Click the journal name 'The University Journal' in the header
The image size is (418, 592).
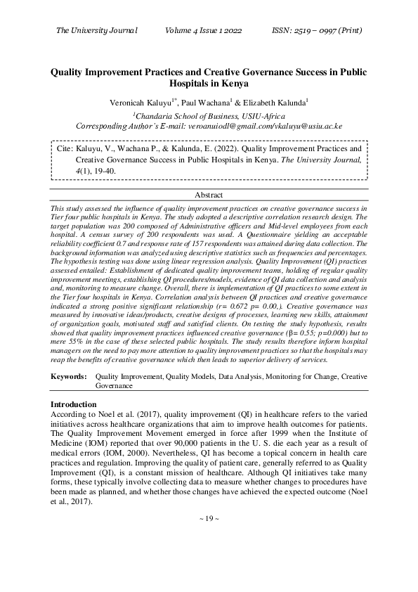96,30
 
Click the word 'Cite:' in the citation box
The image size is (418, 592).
64,149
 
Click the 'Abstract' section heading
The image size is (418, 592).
209,195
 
